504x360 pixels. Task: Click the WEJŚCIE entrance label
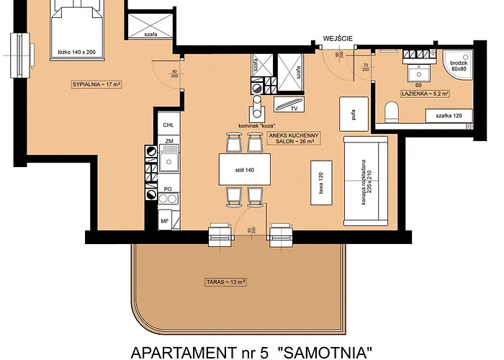336,38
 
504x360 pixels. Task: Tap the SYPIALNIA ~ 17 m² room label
95,84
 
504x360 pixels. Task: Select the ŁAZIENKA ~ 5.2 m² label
422,93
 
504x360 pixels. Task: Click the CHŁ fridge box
167,125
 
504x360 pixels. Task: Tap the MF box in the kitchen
166,220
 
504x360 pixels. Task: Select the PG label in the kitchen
167,189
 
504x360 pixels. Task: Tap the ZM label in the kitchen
168,142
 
